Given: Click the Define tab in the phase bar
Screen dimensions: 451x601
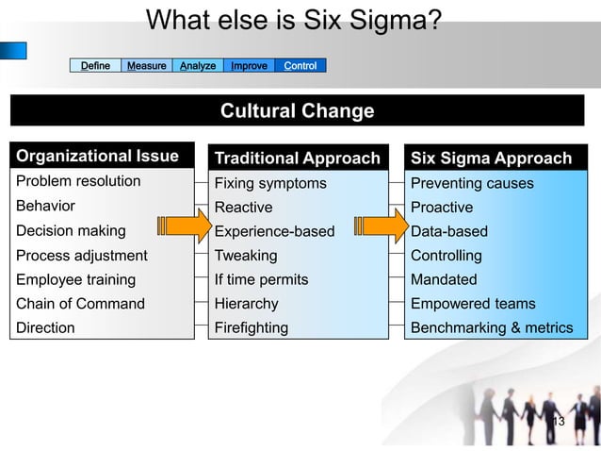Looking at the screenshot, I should click(x=95, y=66).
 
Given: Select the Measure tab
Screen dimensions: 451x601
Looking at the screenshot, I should click(x=147, y=66).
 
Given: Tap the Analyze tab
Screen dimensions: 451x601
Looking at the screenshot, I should click(x=198, y=66).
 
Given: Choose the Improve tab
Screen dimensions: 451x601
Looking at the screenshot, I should click(x=249, y=66).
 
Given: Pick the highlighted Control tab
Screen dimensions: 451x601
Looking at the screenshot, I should click(x=300, y=66).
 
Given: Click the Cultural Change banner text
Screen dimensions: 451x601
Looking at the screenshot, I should click(x=297, y=111).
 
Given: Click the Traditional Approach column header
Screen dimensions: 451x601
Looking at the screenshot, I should click(x=297, y=158).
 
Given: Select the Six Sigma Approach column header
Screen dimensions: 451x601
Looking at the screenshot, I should click(x=491, y=158).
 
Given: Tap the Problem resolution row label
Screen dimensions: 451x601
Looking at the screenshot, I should click(x=78, y=181).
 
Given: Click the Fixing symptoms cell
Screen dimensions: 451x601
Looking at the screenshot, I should click(x=270, y=183).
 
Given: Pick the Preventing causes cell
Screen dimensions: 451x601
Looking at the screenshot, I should click(x=472, y=183).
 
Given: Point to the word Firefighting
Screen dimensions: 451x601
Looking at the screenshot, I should click(x=252, y=328).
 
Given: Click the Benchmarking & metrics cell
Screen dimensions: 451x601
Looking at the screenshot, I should click(x=491, y=328).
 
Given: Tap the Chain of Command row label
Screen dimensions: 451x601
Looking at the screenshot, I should click(x=80, y=304).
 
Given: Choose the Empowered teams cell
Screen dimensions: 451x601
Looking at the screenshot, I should click(x=473, y=304).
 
